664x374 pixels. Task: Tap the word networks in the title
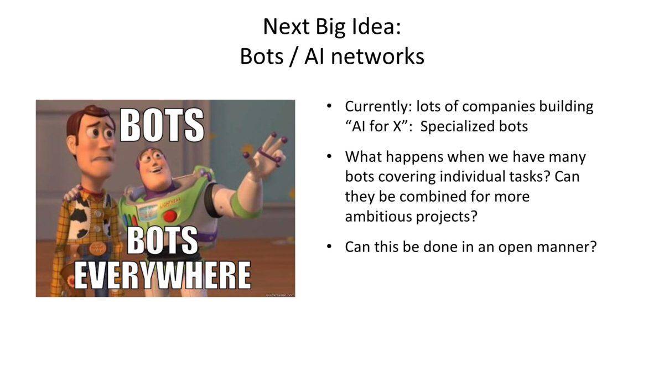(x=377, y=57)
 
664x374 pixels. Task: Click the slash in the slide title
(x=293, y=57)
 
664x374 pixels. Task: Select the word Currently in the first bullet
(x=378, y=107)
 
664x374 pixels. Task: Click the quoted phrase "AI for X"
(x=376, y=126)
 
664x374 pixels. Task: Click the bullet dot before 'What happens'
(x=329, y=156)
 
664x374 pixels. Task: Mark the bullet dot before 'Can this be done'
(x=329, y=247)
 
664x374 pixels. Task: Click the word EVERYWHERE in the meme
(x=163, y=275)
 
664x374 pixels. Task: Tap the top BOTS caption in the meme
(x=162, y=124)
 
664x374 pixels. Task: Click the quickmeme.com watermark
(x=280, y=295)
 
